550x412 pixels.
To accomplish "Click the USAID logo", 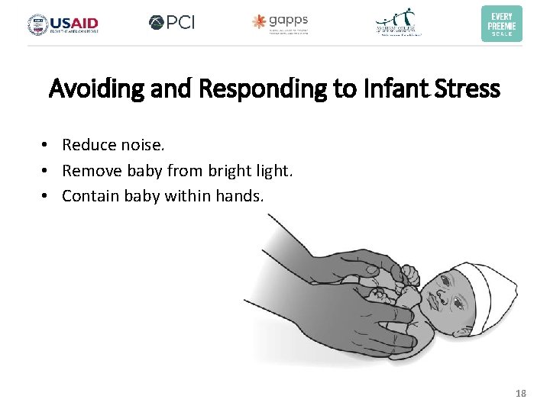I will (63, 24).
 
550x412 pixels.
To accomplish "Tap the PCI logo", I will (172, 23).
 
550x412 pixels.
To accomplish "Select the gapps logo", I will (280, 23).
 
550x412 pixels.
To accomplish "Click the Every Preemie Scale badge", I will (501, 24).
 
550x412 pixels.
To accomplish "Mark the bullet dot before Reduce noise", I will (47, 145).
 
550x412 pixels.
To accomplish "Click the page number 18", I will (521, 394).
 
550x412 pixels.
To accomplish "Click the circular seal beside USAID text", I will (37, 24).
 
